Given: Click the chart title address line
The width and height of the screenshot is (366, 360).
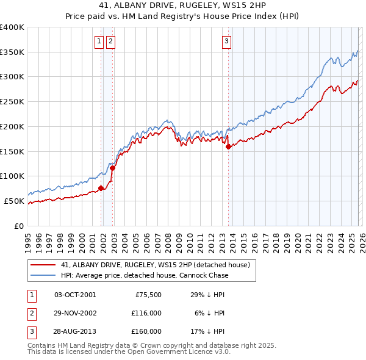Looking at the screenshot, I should click(183, 5).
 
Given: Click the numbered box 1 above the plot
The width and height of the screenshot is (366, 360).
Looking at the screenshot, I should click(99, 41).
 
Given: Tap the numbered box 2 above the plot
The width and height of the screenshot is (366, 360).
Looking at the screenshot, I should click(110, 41).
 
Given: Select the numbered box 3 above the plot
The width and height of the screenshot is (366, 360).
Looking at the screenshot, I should click(226, 41).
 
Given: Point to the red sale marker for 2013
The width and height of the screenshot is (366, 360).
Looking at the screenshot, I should click(228, 146).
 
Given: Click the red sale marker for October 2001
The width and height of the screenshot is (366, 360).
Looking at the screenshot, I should click(101, 188).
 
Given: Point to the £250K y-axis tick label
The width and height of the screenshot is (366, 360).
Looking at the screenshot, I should click(12, 101).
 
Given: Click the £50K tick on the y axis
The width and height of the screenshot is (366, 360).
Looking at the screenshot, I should click(15, 201).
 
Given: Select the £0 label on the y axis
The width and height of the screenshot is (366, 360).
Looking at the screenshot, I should click(20, 226).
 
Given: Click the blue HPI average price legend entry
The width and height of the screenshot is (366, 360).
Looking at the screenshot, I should click(144, 275).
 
